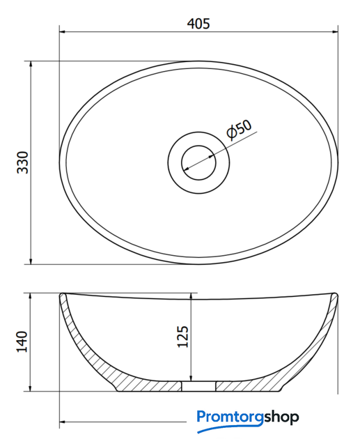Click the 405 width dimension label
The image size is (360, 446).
pyautogui.click(x=198, y=24)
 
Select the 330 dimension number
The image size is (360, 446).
pyautogui.click(x=23, y=162)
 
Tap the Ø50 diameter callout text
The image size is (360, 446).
pyautogui.click(x=240, y=130)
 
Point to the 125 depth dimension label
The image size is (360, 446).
pyautogui.click(x=182, y=336)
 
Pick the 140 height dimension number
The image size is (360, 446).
pyautogui.click(x=22, y=341)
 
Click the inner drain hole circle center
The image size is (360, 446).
pyautogui.click(x=198, y=162)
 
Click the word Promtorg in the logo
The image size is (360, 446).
pyautogui.click(x=230, y=417)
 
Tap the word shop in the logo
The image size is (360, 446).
pyautogui.click(x=281, y=417)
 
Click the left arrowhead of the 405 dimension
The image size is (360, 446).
pyautogui.click(x=63, y=31)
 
